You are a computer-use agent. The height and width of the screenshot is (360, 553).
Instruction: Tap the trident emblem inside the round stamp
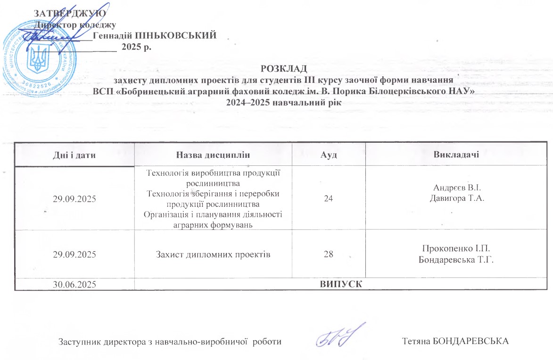(x=36, y=57)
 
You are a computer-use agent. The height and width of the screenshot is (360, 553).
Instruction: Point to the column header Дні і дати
(x=74, y=155)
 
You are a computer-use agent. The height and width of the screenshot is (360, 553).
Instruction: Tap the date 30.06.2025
(x=74, y=284)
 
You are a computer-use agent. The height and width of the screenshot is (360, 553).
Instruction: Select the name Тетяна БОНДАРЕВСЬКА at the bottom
(x=456, y=341)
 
